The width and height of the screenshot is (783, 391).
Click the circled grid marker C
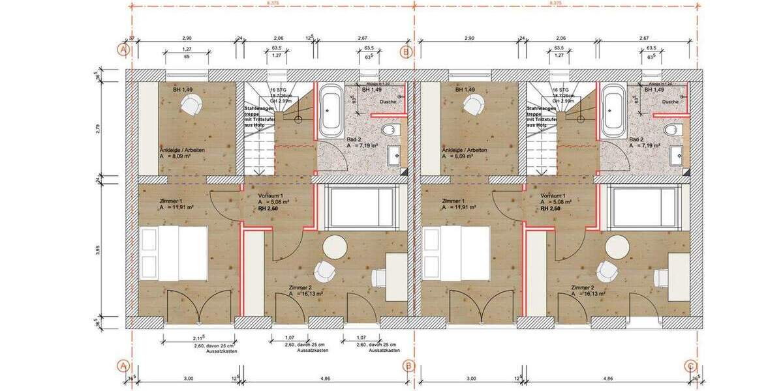tap(691, 366)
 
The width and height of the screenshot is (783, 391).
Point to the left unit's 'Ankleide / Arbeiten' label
tap(183, 150)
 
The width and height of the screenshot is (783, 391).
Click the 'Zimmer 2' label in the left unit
tap(303, 287)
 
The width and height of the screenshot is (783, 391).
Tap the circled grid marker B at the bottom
tap(407, 366)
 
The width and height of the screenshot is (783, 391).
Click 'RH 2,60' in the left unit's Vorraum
tap(269, 209)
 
